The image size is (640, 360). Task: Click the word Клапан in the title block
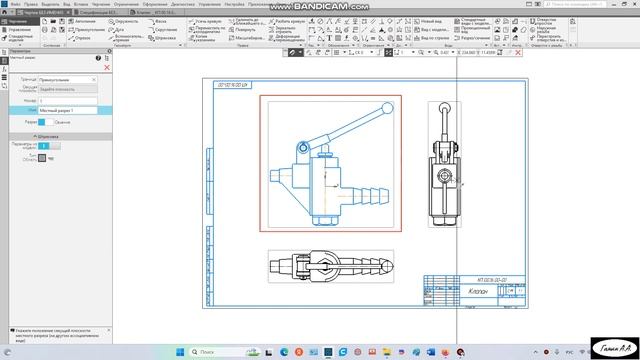pyautogui.click(x=462, y=293)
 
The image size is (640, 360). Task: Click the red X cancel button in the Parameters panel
pyautogui.click(x=107, y=67)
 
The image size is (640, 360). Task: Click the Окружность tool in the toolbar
pyautogui.click(x=124, y=20)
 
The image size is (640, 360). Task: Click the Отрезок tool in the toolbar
pyautogui.click(x=83, y=38)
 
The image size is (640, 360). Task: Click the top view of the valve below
pyautogui.click(x=330, y=265)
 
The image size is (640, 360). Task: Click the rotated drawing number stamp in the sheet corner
pyautogui.click(x=231, y=86)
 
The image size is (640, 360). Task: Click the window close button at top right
pyautogui.click(x=632, y=4)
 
